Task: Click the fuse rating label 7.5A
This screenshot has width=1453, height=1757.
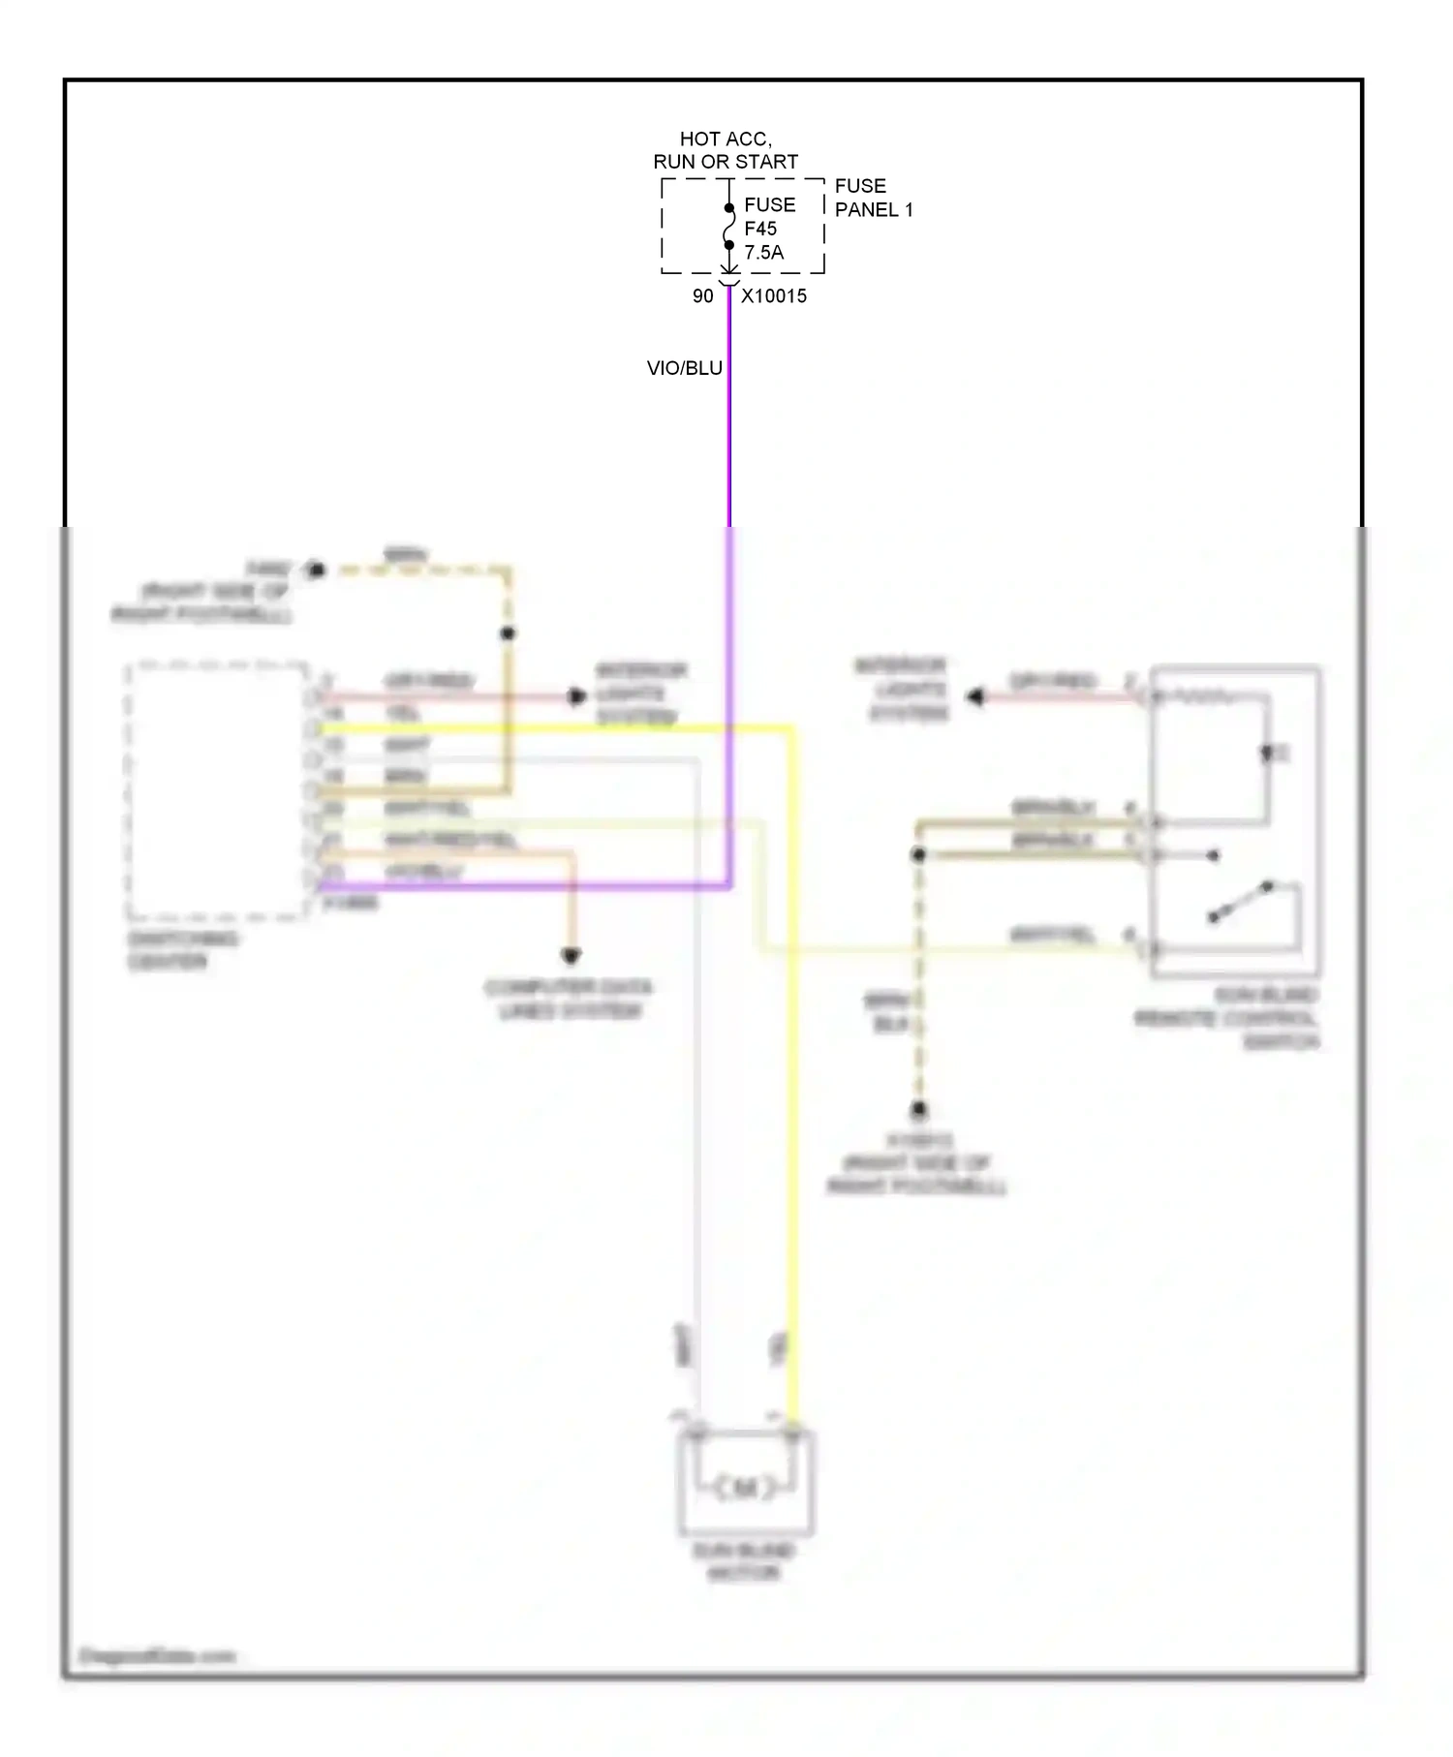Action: click(x=763, y=253)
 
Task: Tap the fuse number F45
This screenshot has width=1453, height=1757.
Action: click(x=759, y=229)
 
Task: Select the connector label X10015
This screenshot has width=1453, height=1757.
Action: click(x=773, y=296)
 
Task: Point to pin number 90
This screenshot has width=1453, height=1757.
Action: click(x=702, y=296)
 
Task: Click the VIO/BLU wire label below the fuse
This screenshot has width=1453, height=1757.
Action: click(x=684, y=368)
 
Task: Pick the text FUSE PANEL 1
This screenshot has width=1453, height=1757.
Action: click(x=873, y=198)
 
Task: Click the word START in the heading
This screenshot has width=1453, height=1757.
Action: click(x=765, y=162)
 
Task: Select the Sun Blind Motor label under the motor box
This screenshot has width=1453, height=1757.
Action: click(x=744, y=1561)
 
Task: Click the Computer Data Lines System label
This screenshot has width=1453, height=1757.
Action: click(x=570, y=1000)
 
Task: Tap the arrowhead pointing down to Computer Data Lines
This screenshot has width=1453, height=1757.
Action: click(x=572, y=956)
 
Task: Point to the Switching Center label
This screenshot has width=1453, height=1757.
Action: click(x=182, y=950)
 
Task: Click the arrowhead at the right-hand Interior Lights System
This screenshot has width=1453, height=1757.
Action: click(x=975, y=696)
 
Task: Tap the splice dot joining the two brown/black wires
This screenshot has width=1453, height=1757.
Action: click(x=918, y=854)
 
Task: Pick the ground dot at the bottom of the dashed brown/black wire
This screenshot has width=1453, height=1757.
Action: click(x=918, y=1109)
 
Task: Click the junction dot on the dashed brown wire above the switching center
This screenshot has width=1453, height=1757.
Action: click(x=508, y=633)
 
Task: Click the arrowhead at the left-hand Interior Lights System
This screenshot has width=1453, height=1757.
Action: click(x=577, y=696)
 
